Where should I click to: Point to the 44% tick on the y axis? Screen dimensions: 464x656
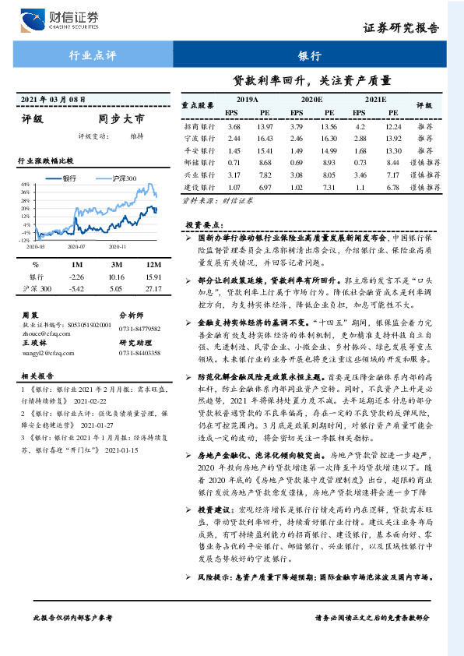coord(25,185)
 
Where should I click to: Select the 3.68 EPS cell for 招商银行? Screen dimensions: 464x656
coord(233,126)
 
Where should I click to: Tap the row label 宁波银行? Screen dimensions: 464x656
coord(198,138)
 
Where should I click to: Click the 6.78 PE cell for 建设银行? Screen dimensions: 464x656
coord(393,188)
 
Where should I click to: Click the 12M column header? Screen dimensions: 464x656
coord(153,264)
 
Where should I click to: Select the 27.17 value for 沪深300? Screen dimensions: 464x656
coord(153,289)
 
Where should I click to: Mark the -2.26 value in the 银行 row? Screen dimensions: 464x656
coord(76,277)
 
